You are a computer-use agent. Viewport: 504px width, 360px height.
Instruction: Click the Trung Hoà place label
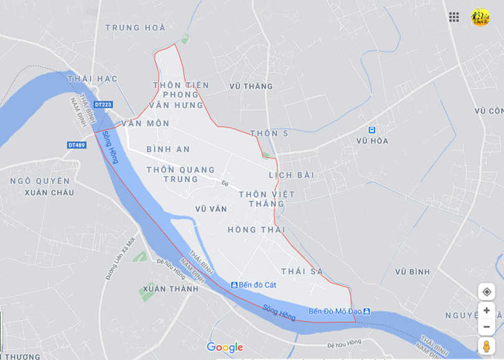click(x=135, y=28)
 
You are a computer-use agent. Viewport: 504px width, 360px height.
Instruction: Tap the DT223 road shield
click(x=103, y=104)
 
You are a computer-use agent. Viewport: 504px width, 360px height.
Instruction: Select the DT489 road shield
click(x=77, y=145)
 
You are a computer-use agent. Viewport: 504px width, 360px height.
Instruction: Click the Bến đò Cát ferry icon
click(x=235, y=285)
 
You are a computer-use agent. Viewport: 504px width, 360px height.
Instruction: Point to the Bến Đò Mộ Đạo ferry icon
click(x=366, y=312)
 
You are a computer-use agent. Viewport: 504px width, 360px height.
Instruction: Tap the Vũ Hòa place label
click(x=372, y=141)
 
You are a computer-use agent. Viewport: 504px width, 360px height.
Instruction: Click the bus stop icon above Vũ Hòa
click(x=371, y=130)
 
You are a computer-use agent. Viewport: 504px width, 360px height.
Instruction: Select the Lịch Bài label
click(x=291, y=175)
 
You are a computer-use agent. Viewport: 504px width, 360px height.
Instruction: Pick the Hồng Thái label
click(x=251, y=230)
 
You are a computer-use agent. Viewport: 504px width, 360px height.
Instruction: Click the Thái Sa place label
click(x=302, y=272)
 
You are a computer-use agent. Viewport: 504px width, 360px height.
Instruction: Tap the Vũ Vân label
click(x=211, y=209)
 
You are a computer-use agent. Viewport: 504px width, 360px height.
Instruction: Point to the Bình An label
click(x=168, y=149)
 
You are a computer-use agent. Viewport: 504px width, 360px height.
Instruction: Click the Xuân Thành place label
click(x=170, y=289)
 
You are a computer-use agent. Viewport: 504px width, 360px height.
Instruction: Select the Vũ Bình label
click(x=413, y=272)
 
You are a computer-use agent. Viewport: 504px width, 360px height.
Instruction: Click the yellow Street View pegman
click(x=487, y=346)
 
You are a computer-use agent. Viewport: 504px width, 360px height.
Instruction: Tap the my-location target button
click(x=487, y=292)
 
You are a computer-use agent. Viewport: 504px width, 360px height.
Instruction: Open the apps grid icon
click(x=454, y=17)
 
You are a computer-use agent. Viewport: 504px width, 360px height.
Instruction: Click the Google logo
click(x=225, y=347)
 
